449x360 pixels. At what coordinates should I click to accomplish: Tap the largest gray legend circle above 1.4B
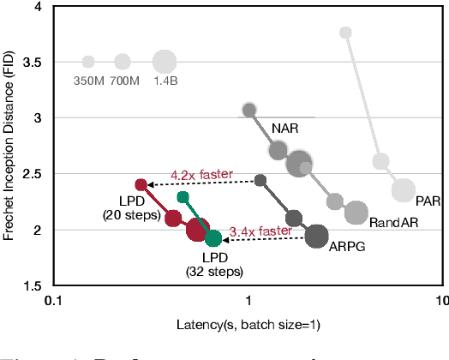(x=165, y=62)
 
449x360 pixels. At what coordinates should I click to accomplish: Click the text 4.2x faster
(x=201, y=174)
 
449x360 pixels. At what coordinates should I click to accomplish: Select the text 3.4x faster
(x=261, y=231)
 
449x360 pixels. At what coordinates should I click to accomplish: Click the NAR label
(x=284, y=128)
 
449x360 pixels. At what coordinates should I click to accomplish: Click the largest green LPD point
(x=213, y=237)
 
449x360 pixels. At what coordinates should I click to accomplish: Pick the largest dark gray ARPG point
(x=317, y=236)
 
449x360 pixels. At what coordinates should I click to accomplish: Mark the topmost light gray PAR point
(x=345, y=33)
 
